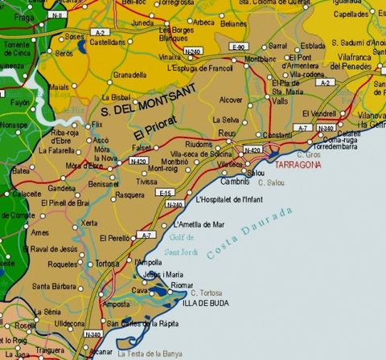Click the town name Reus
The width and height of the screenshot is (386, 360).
[226, 133]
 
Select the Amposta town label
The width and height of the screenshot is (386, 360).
[113, 305]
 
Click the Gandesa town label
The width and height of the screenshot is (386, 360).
[62, 187]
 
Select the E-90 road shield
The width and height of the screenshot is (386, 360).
[237, 48]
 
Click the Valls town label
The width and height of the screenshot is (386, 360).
[280, 102]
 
